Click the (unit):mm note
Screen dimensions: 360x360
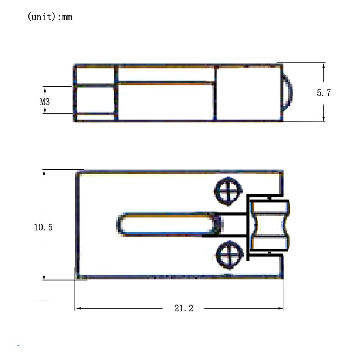[50, 17]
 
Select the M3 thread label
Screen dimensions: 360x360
[45, 102]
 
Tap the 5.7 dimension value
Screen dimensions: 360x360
[324, 93]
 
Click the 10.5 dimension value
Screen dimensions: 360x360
[43, 227]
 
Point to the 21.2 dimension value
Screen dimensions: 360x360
[184, 308]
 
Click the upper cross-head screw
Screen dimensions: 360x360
[228, 191]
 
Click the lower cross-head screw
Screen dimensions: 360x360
[230, 255]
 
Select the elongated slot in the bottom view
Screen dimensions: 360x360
[169, 224]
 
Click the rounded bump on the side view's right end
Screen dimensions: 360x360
[287, 92]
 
